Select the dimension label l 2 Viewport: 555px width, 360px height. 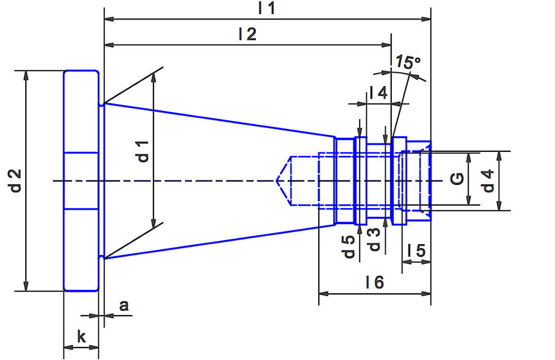pos(248,35)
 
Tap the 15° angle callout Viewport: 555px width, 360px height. pos(408,63)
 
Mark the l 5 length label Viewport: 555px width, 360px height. pos(416,251)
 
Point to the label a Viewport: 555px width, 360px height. pos(124,306)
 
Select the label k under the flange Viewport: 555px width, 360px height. pos(81,337)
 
